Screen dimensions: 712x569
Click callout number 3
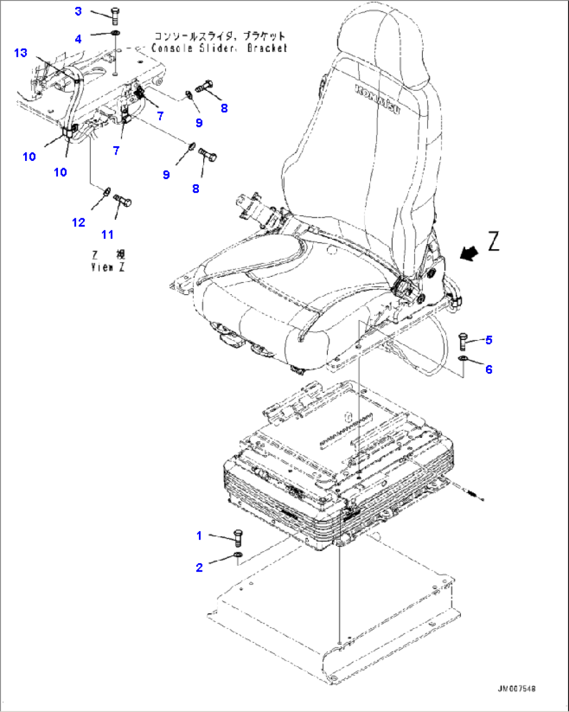pyautogui.click(x=78, y=11)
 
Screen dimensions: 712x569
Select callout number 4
pyautogui.click(x=78, y=39)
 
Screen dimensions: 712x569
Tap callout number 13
pyautogui.click(x=20, y=53)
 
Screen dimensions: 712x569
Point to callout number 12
pyautogui.click(x=78, y=223)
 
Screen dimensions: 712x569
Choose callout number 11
pyautogui.click(x=108, y=235)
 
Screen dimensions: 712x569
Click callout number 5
pyautogui.click(x=489, y=340)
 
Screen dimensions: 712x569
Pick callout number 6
pyautogui.click(x=489, y=369)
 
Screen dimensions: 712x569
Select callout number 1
pyautogui.click(x=199, y=535)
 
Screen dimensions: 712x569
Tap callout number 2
pyautogui.click(x=199, y=567)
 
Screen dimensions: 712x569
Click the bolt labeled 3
pyautogui.click(x=116, y=17)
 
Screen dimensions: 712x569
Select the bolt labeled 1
pyautogui.click(x=239, y=536)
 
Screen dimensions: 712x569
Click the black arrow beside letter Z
pyautogui.click(x=470, y=254)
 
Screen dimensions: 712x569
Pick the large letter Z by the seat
pyautogui.click(x=494, y=242)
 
